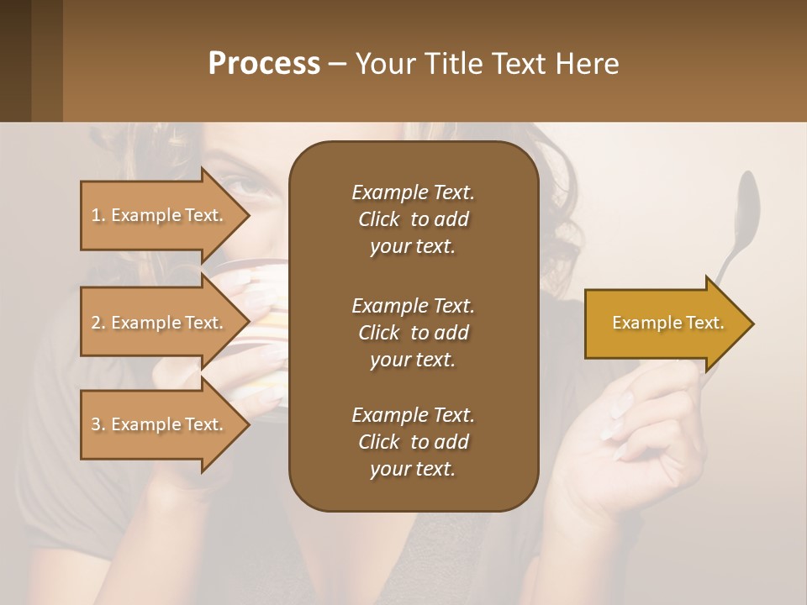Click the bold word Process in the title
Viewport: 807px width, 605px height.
264,64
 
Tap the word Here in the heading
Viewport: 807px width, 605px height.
588,64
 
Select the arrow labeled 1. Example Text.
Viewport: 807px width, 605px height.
160,215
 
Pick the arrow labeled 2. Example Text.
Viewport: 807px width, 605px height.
160,323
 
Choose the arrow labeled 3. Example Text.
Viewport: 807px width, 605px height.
160,424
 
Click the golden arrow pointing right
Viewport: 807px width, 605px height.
664,324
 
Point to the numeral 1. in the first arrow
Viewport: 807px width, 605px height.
98,215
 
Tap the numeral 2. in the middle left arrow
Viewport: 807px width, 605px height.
98,323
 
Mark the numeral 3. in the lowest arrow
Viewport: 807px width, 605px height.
98,424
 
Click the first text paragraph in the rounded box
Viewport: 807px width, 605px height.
413,219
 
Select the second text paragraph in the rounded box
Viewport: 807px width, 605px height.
413,333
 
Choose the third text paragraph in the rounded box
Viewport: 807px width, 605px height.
413,442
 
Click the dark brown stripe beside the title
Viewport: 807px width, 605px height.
15,60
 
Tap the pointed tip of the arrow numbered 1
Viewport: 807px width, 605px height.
248,215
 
